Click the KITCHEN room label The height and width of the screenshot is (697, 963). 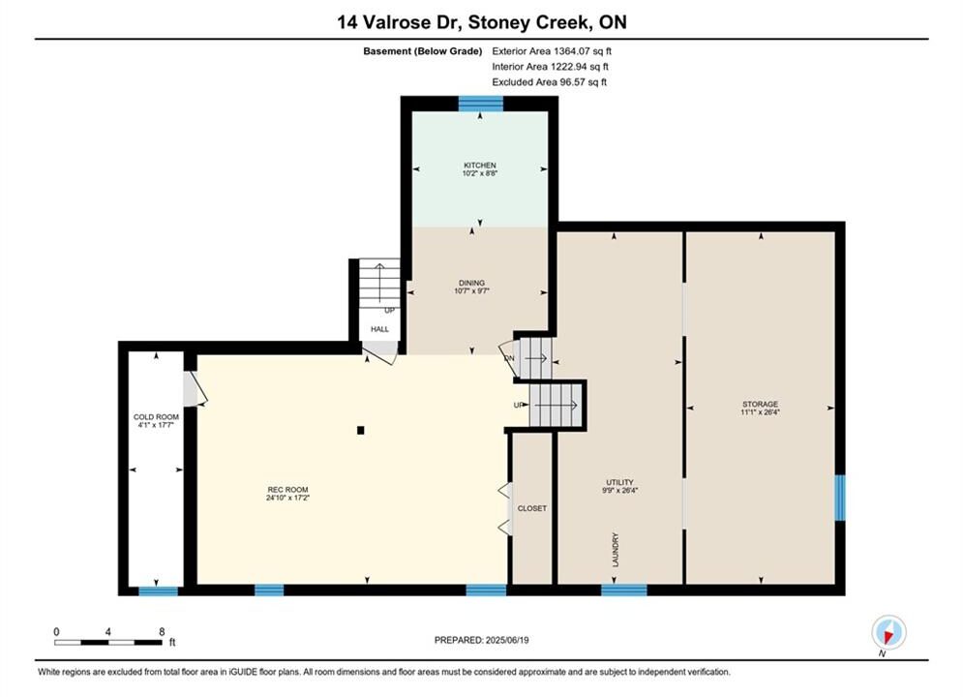(480, 166)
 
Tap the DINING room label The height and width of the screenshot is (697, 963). (471, 283)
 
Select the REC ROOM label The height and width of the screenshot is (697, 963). (287, 490)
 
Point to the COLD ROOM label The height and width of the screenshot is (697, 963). (156, 417)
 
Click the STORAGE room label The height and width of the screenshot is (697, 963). (761, 404)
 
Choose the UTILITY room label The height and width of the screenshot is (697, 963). (619, 482)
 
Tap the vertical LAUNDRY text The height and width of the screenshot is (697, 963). (616, 550)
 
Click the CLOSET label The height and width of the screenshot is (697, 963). (532, 508)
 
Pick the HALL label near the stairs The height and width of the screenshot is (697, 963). (379, 329)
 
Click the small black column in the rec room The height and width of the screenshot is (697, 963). (360, 431)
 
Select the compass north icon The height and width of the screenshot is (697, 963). (888, 632)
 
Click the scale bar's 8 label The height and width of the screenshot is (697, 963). (162, 632)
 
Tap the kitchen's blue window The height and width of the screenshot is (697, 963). (481, 104)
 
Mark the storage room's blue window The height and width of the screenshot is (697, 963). (839, 498)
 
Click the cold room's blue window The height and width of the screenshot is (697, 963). (158, 591)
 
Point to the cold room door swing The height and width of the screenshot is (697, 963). (196, 389)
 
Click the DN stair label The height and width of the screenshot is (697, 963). (509, 358)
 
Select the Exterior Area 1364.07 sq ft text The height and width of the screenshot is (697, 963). (552, 51)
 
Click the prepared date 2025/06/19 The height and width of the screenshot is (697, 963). (507, 640)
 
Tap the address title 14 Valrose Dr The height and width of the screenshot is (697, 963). (399, 22)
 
